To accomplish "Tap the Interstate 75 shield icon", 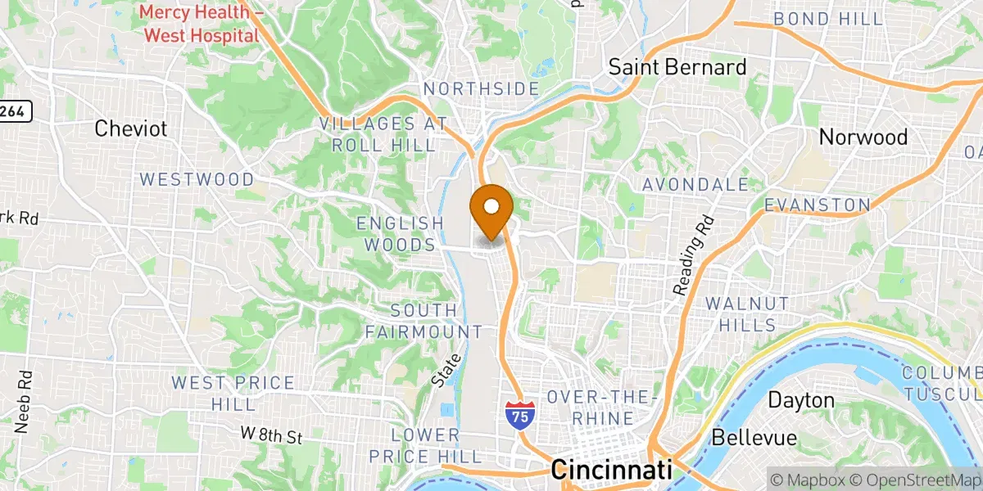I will click(517, 414).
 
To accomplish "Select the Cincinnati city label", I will click(611, 470).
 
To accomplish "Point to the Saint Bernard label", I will click(677, 67).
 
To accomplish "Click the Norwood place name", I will click(863, 137).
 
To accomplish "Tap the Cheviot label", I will click(131, 128).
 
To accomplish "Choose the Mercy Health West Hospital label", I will click(201, 25).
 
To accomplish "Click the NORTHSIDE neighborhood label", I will click(481, 88).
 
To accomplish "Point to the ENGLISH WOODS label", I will click(400, 234).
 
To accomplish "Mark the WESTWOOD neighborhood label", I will click(197, 179).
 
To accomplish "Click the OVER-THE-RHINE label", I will click(602, 408).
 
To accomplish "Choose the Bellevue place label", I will click(754, 438).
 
